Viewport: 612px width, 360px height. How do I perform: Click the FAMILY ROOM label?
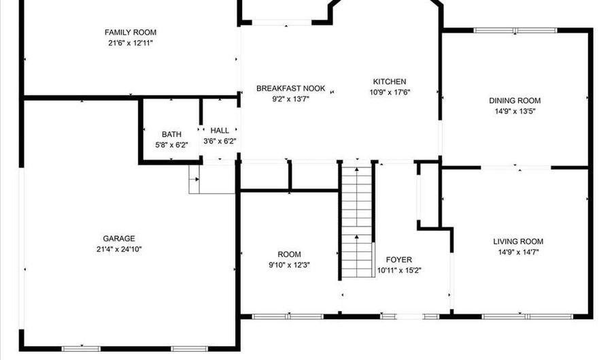131,33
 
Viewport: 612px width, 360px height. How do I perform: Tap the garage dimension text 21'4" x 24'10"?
119,249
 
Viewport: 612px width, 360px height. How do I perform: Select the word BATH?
171,134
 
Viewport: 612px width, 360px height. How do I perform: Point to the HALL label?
220,131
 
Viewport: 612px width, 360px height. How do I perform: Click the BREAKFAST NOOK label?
291,88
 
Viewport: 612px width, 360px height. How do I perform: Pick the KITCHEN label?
390,82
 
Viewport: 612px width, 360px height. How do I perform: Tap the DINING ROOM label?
515,101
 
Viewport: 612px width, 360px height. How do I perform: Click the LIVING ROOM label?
518,242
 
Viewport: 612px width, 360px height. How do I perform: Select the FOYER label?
399,260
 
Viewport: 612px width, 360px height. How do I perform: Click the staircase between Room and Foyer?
357,220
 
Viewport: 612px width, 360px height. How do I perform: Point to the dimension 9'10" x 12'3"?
289,265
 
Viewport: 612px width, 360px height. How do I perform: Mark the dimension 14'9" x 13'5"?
515,112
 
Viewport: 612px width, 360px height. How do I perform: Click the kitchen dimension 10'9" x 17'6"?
390,93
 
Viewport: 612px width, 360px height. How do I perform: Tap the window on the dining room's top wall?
515,30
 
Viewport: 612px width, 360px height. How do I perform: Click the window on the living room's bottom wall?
527,316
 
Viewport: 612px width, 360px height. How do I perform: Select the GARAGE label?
119,239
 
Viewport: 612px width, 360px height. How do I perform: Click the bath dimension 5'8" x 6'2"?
172,145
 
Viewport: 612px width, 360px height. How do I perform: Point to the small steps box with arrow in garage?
212,179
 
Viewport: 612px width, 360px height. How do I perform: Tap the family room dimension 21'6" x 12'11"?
131,43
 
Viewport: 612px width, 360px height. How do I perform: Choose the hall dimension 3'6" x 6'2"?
220,141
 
